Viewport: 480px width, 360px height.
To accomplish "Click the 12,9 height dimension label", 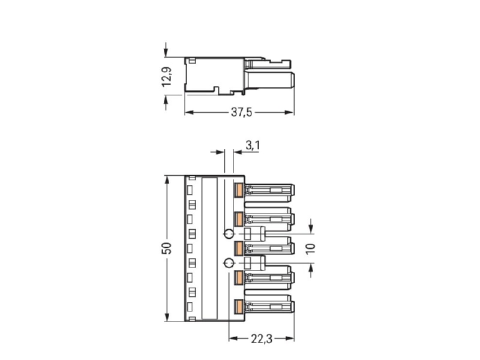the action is pos(167,76).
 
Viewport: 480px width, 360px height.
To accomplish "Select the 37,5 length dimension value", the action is pos(242,112).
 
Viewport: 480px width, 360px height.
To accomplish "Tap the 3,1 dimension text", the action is pos(253,145).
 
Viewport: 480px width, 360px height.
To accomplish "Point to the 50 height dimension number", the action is pos(167,248).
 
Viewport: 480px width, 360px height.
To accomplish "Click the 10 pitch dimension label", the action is pos(310,248).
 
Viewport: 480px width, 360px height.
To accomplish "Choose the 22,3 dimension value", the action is pos(262,339).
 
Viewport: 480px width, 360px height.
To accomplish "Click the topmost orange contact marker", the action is pos(239,190).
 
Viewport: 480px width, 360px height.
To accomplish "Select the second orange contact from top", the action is pos(239,218).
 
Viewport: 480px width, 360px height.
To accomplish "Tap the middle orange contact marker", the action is pos(239,248).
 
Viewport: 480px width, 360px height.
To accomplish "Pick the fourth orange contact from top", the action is pos(239,277).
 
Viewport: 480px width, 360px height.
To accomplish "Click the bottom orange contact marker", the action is pos(239,307).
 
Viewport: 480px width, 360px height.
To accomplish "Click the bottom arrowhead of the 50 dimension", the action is pos(167,317).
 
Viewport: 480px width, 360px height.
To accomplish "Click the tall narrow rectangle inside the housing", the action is pos(209,248).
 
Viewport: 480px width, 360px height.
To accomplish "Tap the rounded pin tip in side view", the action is pos(292,80).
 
